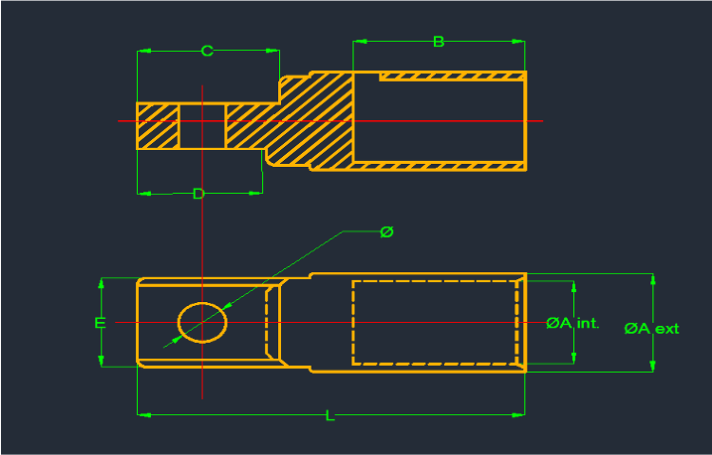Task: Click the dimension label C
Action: (x=207, y=51)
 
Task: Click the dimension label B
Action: (x=438, y=42)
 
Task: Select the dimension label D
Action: (x=198, y=194)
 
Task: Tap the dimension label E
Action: (x=98, y=323)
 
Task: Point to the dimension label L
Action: (x=330, y=415)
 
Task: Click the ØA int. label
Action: (x=573, y=323)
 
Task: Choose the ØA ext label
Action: (x=651, y=328)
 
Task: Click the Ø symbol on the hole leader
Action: (x=386, y=231)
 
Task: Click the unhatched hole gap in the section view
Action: (x=202, y=126)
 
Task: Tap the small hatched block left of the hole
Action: (x=158, y=126)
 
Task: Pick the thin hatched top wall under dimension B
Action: (x=452, y=76)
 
